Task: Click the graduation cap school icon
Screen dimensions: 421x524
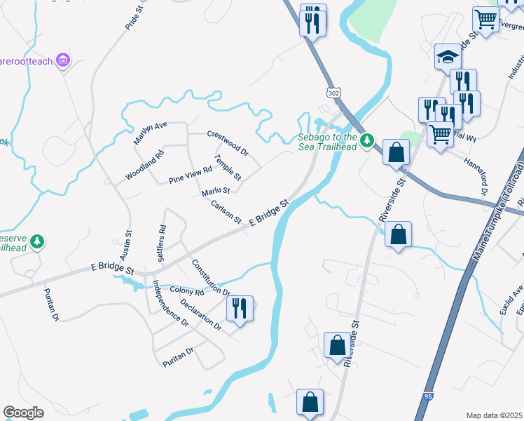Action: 448,56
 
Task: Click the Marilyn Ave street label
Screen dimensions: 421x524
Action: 151,133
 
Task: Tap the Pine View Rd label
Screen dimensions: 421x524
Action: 190,175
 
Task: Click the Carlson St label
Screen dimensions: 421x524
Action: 226,211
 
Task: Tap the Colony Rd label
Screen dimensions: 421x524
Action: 186,290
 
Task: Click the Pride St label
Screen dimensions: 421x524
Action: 133,18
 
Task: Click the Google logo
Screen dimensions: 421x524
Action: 23,413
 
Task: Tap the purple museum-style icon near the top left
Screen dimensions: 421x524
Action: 64,61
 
